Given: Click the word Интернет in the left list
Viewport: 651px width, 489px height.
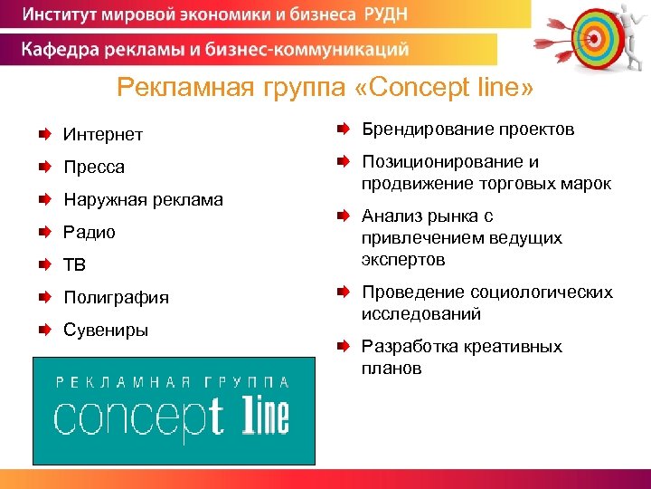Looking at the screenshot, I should click(103, 135).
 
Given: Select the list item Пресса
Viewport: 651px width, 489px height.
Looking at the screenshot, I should click(94, 168).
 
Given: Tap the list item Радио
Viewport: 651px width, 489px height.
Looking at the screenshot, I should click(90, 233).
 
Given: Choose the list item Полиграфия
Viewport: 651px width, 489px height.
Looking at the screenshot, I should click(116, 298).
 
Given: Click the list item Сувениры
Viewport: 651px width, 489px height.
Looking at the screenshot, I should click(106, 330).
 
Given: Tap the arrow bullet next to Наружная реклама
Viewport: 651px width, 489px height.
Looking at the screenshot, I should click(44, 199).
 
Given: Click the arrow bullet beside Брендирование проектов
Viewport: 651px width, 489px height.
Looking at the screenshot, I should click(344, 129).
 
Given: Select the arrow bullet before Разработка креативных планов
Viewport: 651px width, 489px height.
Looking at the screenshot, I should click(344, 347).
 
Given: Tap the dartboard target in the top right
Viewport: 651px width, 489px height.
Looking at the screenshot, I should click(591, 35).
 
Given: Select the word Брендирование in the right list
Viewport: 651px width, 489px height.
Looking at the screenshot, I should click(416, 129).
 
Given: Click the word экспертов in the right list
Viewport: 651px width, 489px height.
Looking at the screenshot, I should click(403, 260).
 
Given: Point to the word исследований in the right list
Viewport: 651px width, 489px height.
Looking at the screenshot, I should click(420, 314).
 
